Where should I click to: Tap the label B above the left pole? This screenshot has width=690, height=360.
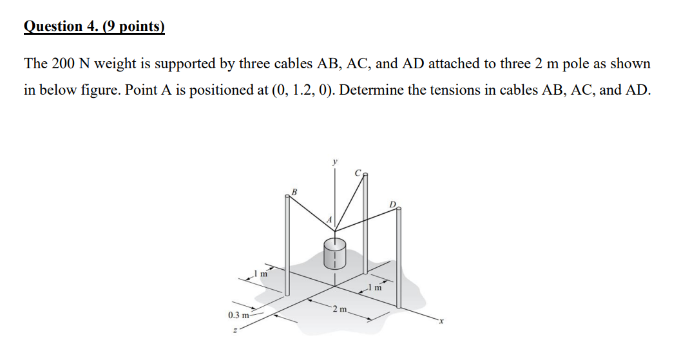[294, 191]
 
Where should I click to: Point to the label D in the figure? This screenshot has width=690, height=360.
[393, 204]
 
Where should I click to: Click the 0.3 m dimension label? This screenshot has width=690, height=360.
[239, 315]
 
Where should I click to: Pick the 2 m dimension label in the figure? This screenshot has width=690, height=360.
[338, 310]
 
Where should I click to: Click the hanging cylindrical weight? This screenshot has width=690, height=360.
[334, 254]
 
